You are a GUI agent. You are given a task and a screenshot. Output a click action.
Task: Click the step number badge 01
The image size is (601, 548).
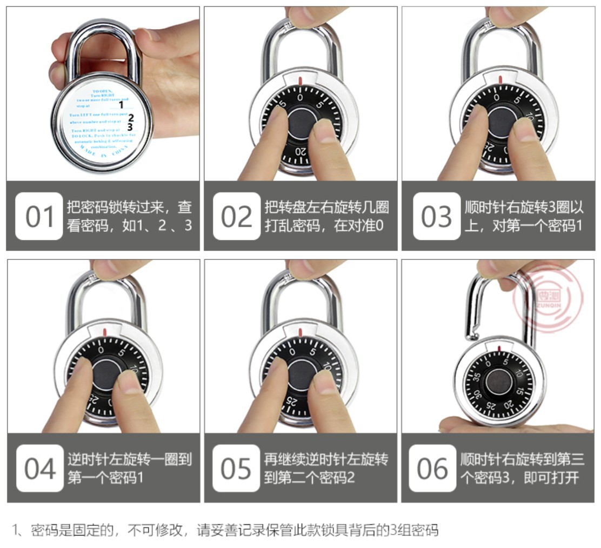39,216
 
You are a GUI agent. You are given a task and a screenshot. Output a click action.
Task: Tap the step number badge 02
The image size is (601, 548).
236,216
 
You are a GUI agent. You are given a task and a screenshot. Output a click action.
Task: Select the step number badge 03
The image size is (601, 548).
436,216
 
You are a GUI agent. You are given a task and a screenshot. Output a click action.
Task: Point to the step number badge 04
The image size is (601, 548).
39,469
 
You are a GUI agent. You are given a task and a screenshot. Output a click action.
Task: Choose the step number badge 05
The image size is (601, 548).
236,469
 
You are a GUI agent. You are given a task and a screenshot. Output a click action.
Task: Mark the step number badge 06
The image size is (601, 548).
432,469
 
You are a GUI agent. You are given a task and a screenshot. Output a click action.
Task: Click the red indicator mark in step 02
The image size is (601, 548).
301,82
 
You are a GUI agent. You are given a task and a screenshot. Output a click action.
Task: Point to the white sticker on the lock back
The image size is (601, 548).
102,121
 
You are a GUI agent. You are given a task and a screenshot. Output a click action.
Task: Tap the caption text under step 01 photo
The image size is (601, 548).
129,216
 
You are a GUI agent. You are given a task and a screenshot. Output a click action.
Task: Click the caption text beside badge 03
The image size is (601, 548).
524,216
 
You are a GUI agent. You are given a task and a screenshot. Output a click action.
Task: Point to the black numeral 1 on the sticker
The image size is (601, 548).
122,105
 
